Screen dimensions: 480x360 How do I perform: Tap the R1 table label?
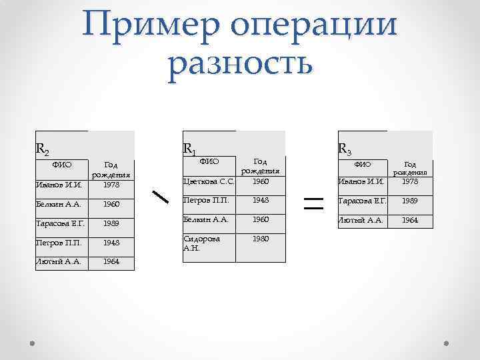[x=189, y=148]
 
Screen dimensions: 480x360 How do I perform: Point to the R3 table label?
[x=345, y=148]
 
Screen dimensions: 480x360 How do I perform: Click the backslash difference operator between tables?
[x=160, y=197]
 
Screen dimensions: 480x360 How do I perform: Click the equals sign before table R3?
[x=313, y=199]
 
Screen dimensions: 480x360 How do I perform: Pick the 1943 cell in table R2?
[x=111, y=242]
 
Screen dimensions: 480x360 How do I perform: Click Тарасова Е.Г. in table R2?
[x=61, y=223]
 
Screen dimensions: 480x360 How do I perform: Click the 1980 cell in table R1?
[x=261, y=238]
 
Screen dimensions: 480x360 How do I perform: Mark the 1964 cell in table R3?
[x=410, y=219]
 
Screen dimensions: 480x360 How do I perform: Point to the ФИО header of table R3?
[x=362, y=164]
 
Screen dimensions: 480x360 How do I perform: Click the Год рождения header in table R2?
[x=111, y=170]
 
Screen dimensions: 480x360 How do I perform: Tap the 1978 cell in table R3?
[x=410, y=180]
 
